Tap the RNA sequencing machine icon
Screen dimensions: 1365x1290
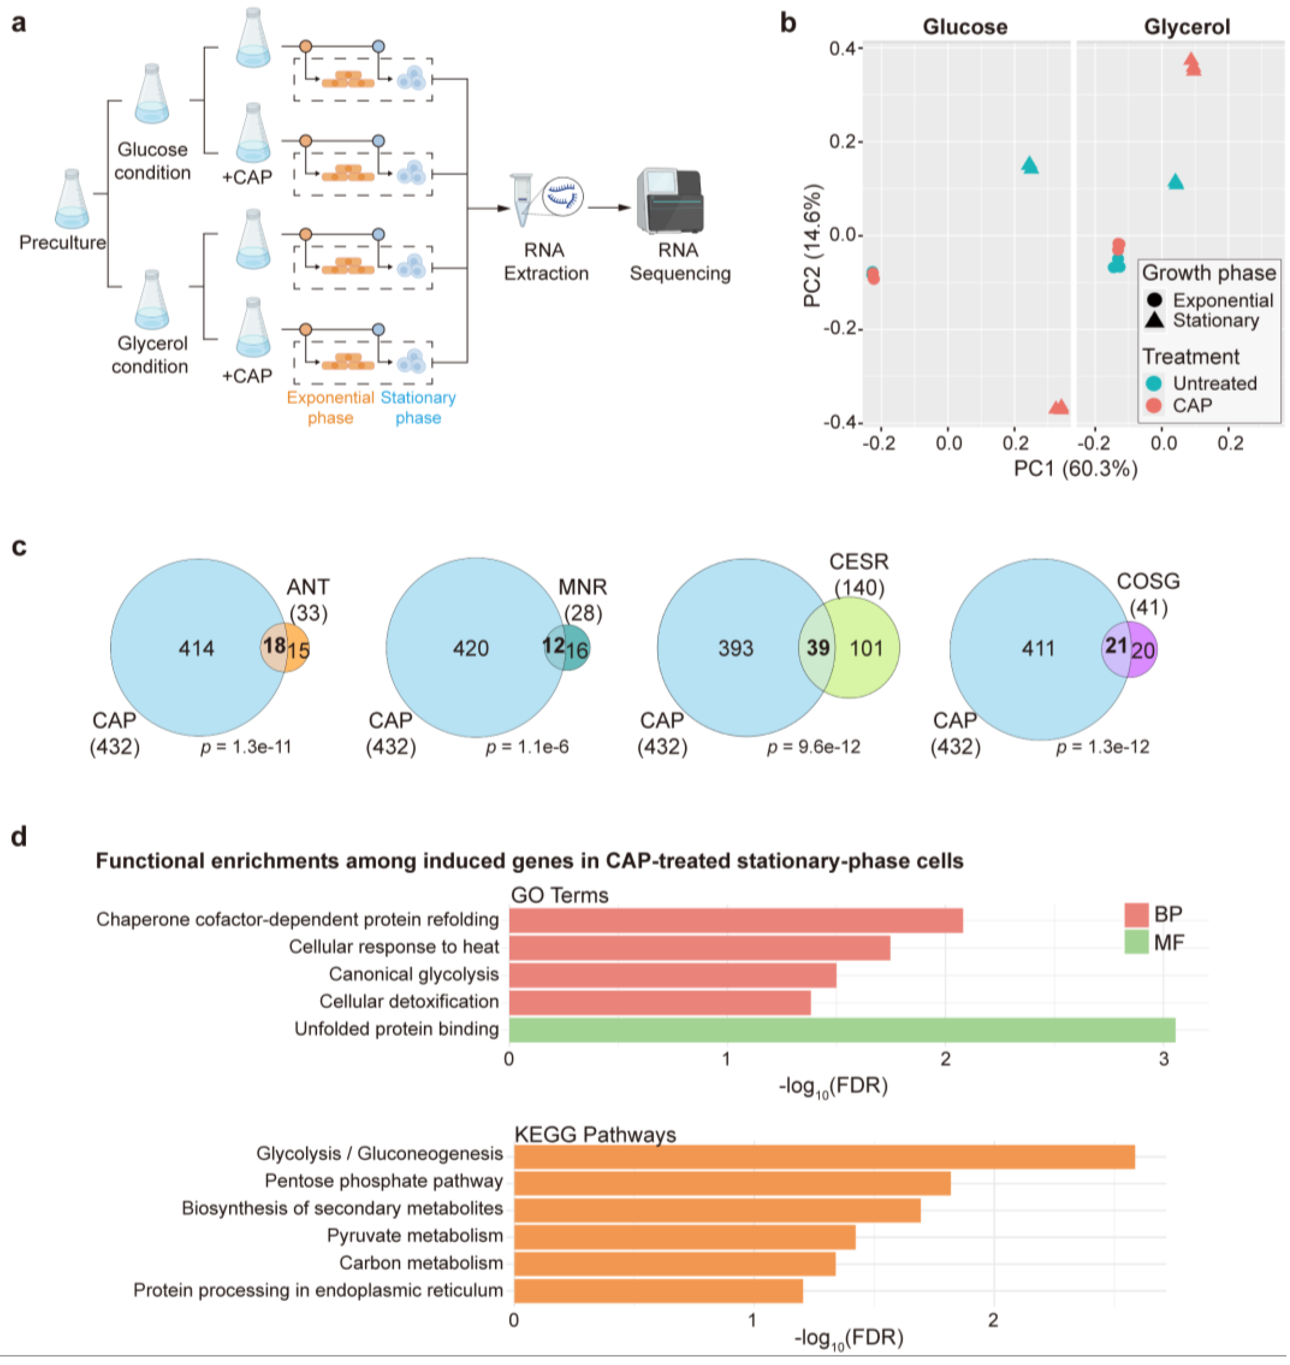pyautogui.click(x=670, y=202)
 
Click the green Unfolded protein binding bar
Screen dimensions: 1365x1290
pyautogui.click(x=842, y=1030)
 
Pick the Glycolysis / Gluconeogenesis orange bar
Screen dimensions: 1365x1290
pyautogui.click(x=824, y=1156)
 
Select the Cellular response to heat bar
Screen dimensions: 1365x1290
pyautogui.click(x=699, y=948)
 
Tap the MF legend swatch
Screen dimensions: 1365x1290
pyautogui.click(x=1136, y=942)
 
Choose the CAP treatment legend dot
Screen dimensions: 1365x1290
pyautogui.click(x=1154, y=405)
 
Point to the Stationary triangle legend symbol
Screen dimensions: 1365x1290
pyautogui.click(x=1155, y=320)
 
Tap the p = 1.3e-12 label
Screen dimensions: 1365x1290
pyautogui.click(x=1102, y=747)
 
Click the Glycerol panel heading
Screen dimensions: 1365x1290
pyautogui.click(x=1186, y=27)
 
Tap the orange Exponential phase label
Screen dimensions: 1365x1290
pyautogui.click(x=330, y=407)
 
